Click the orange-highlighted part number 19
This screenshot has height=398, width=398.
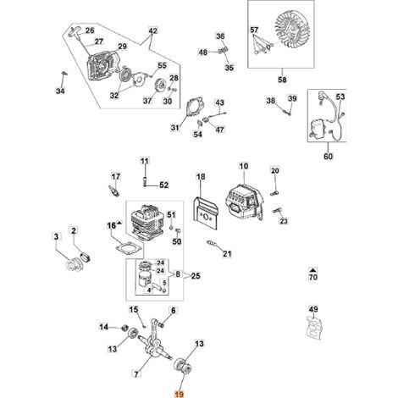click(180, 394)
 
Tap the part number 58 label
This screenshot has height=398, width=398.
click(282, 80)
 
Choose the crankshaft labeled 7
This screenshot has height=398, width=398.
click(155, 340)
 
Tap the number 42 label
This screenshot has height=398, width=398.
click(152, 30)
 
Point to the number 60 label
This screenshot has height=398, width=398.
click(328, 156)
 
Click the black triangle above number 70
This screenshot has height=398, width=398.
click(313, 270)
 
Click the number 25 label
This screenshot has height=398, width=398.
click(196, 275)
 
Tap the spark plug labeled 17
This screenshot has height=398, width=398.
click(114, 191)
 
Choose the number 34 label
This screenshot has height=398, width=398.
click(60, 91)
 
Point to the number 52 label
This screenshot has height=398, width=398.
click(163, 185)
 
